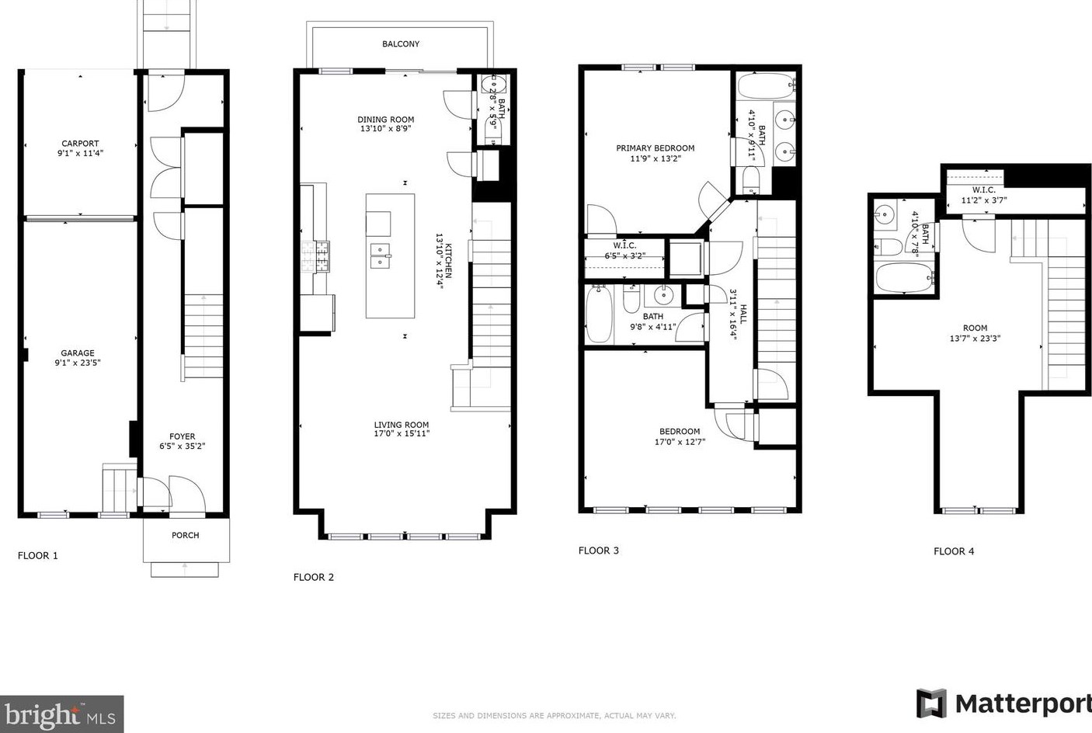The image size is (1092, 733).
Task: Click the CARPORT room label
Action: [x=80, y=144]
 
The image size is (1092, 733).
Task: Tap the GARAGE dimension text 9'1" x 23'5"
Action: [x=78, y=363]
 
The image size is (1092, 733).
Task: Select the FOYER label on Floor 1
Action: [x=183, y=436]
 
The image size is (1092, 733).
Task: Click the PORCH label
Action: [x=186, y=535]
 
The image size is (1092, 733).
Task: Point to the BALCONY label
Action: [x=401, y=43]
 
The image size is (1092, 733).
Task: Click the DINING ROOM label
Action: [x=385, y=120]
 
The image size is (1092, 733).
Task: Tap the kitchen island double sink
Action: [x=381, y=256]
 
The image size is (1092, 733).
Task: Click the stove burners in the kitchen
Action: [x=315, y=256]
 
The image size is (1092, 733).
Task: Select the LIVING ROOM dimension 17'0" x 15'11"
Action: [x=402, y=433]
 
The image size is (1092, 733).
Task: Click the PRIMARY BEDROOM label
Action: [x=656, y=148]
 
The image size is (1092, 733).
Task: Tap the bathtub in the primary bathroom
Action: [x=767, y=86]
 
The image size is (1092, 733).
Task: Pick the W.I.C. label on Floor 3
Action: [x=624, y=245]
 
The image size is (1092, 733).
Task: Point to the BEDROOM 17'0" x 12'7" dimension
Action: [x=680, y=442]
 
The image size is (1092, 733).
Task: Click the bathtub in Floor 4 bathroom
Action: [x=904, y=278]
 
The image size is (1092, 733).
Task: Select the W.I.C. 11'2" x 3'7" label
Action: [x=984, y=195]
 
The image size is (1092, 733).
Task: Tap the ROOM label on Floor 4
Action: [x=975, y=328]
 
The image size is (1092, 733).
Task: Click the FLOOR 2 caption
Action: [x=314, y=577]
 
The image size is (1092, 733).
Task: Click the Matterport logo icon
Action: [x=931, y=703]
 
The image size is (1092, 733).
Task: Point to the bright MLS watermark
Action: [x=61, y=714]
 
